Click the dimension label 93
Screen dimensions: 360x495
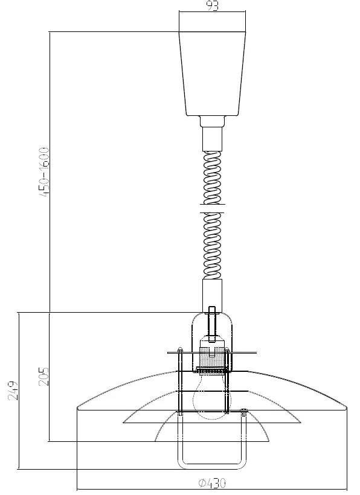coord(213,5)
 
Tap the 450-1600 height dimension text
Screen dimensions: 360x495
coord(44,173)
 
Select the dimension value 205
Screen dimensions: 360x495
coord(43,376)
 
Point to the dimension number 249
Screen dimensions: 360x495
coord(13,391)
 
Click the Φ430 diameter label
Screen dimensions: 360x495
coord(212,483)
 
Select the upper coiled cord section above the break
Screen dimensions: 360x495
coord(212,177)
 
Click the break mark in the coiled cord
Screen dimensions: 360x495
coord(212,209)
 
